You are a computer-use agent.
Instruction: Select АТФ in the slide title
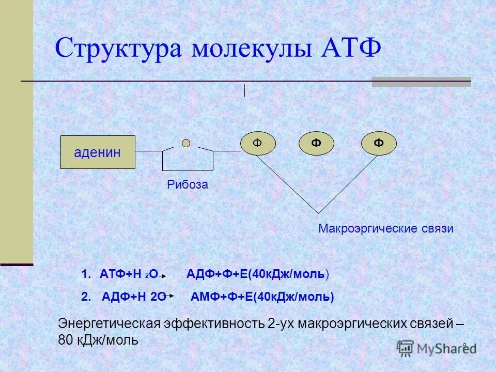(351, 49)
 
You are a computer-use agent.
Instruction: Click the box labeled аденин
(98, 152)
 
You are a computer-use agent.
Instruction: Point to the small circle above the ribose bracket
(186, 143)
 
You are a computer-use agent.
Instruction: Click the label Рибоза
(188, 184)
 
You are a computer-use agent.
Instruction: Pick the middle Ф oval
(316, 143)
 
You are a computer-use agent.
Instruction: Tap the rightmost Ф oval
(379, 143)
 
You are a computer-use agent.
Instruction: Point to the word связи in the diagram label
(437, 228)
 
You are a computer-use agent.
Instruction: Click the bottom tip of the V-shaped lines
(318, 212)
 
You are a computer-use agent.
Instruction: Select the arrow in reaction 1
(161, 277)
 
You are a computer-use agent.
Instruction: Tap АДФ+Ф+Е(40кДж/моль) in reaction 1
(257, 274)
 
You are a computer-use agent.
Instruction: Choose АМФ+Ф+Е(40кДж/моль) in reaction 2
(262, 297)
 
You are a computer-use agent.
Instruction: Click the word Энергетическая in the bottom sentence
(109, 324)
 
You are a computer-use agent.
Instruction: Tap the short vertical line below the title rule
(244, 90)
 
